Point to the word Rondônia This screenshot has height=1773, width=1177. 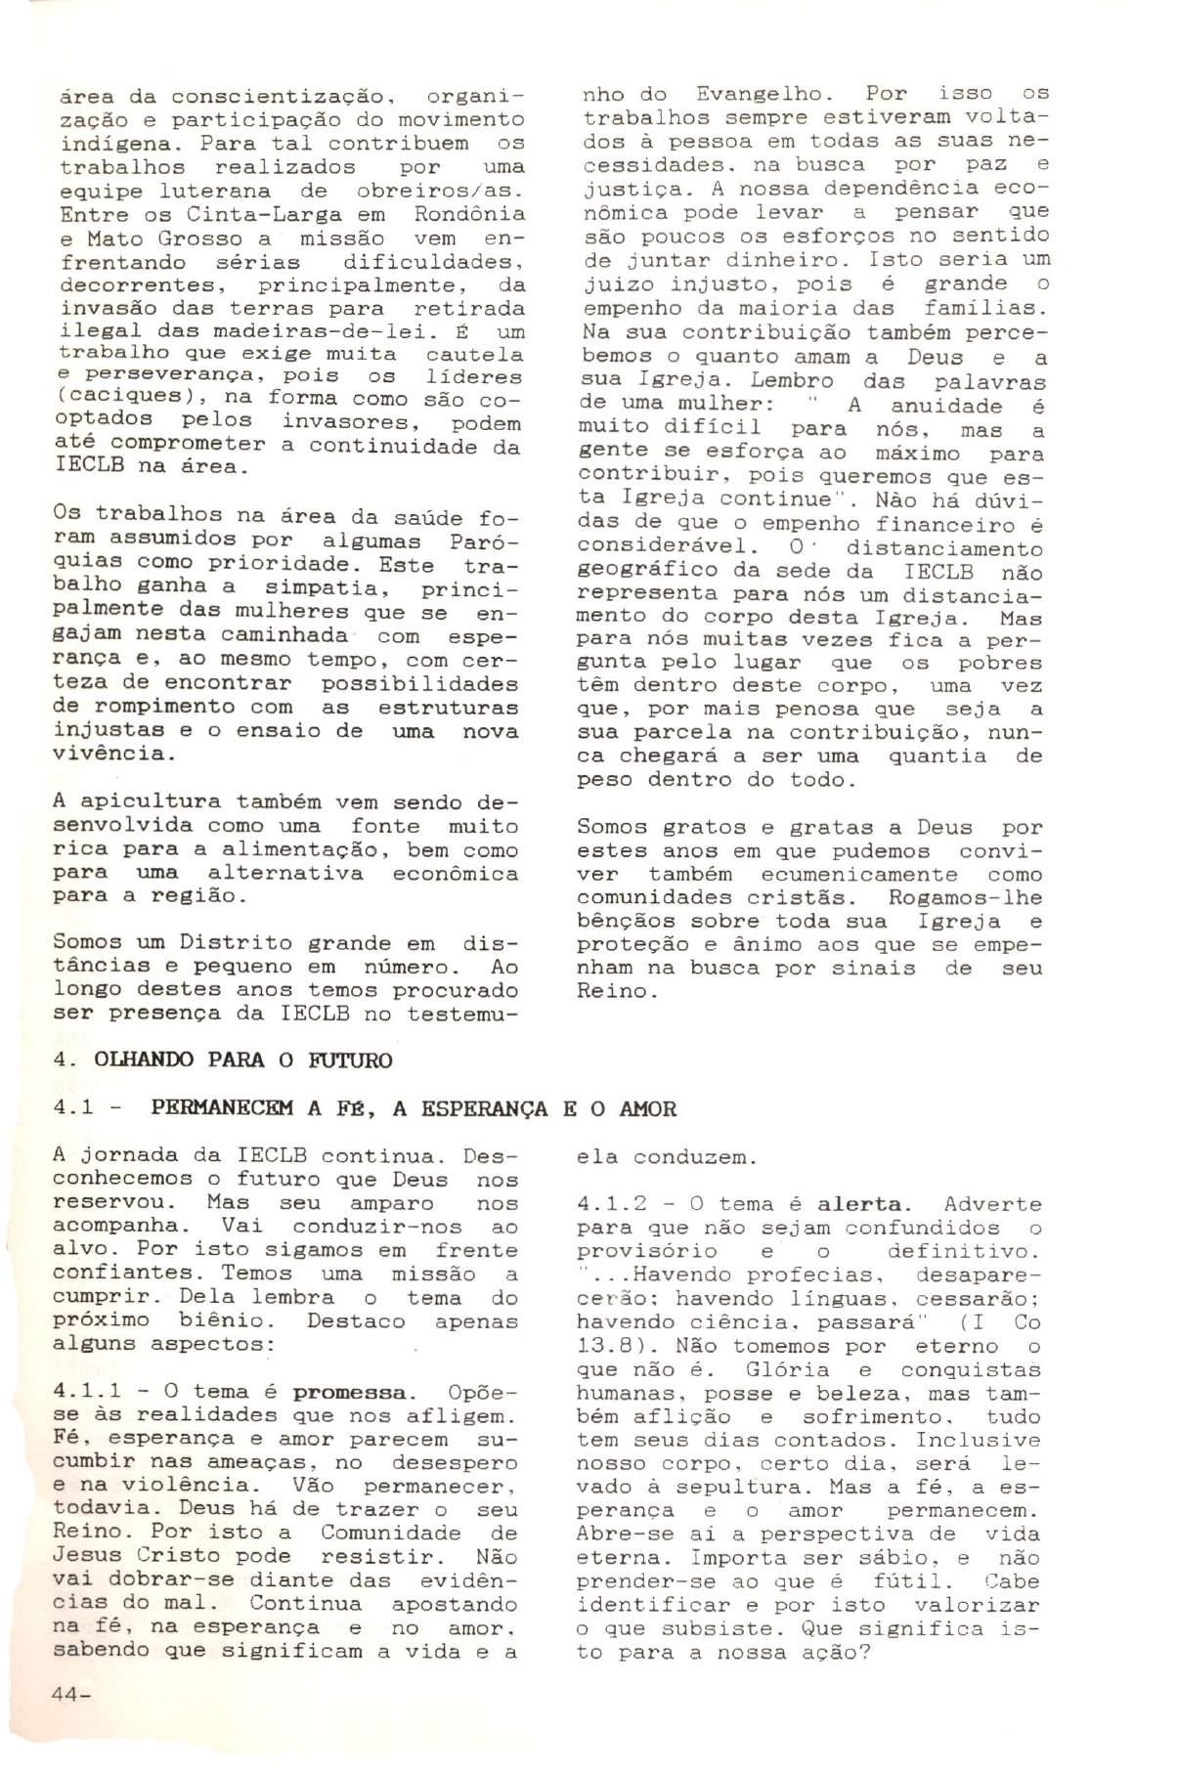(x=469, y=215)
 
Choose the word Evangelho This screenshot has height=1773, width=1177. (x=763, y=95)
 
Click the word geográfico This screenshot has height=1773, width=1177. (x=649, y=571)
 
